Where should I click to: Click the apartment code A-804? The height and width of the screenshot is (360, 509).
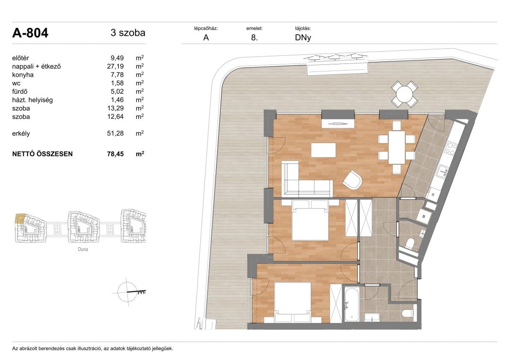click(x=30, y=33)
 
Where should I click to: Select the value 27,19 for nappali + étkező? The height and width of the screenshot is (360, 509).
click(x=115, y=66)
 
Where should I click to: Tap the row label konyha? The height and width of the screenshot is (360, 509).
click(x=23, y=75)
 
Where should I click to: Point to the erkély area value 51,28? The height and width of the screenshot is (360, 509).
click(x=115, y=134)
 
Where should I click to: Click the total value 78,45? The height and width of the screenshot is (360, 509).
click(x=115, y=154)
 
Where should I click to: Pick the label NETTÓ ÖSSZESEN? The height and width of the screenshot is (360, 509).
click(x=42, y=154)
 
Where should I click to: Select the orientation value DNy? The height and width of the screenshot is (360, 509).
click(x=303, y=37)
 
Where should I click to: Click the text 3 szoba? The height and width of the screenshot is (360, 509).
click(x=128, y=33)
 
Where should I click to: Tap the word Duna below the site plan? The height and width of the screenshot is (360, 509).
click(x=83, y=249)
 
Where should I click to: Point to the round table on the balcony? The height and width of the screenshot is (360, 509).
click(x=404, y=94)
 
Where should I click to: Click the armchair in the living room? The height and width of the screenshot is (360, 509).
click(x=352, y=180)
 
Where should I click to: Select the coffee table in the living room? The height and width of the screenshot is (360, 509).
click(x=323, y=150)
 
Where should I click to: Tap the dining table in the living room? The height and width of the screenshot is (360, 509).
click(x=397, y=147)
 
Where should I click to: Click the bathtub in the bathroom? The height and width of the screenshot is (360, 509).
click(x=350, y=304)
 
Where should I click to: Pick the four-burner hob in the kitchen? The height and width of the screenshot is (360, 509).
click(x=451, y=148)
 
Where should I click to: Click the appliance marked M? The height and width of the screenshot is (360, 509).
click(x=424, y=216)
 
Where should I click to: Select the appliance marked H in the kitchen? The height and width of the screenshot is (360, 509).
click(x=433, y=194)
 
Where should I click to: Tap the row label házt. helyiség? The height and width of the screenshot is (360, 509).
click(x=33, y=100)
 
